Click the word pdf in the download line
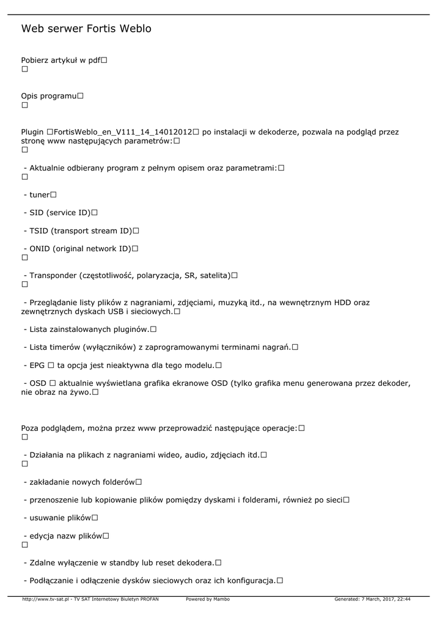coord(93,61)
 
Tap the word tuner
coord(40,194)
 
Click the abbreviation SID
coord(37,212)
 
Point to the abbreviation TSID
coord(39,230)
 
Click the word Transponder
coord(53,275)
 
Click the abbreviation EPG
coord(37,365)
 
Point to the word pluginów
coord(131,329)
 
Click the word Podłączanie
coord(53,580)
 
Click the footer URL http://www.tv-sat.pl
coord(45,600)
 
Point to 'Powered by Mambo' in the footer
coord(208,600)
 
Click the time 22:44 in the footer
coord(403,600)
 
